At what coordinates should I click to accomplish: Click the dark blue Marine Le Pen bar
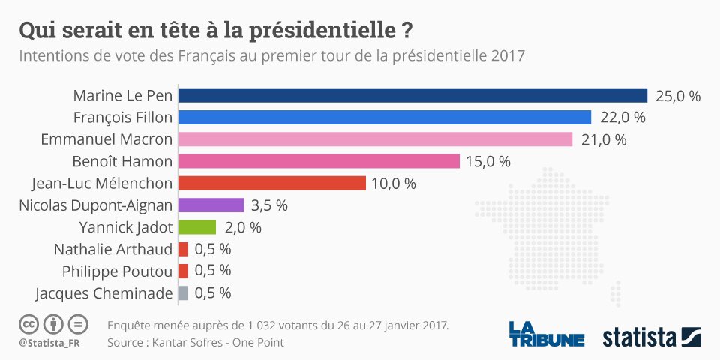coord(412,95)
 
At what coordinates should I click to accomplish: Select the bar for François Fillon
coord(385,117)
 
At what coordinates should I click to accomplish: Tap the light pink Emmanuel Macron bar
coord(375,139)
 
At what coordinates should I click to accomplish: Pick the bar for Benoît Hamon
coord(319,161)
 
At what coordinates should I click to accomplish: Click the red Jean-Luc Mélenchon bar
coord(271,183)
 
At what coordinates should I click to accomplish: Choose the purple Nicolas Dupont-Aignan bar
coord(211,205)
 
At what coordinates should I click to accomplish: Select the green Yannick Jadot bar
coord(196,227)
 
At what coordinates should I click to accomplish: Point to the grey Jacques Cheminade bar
coord(183,292)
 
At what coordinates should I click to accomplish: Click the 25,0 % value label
coord(678,96)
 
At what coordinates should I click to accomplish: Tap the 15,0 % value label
coord(488,161)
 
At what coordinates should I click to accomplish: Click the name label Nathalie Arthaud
coord(112,249)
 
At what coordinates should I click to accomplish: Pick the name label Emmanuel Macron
coord(106,139)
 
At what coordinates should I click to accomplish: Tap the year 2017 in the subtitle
coord(508,56)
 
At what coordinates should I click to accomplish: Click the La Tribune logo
coord(546,334)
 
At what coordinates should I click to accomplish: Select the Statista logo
coord(651,336)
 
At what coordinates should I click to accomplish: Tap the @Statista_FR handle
coord(50,343)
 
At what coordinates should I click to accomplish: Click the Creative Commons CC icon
coord(29,325)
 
